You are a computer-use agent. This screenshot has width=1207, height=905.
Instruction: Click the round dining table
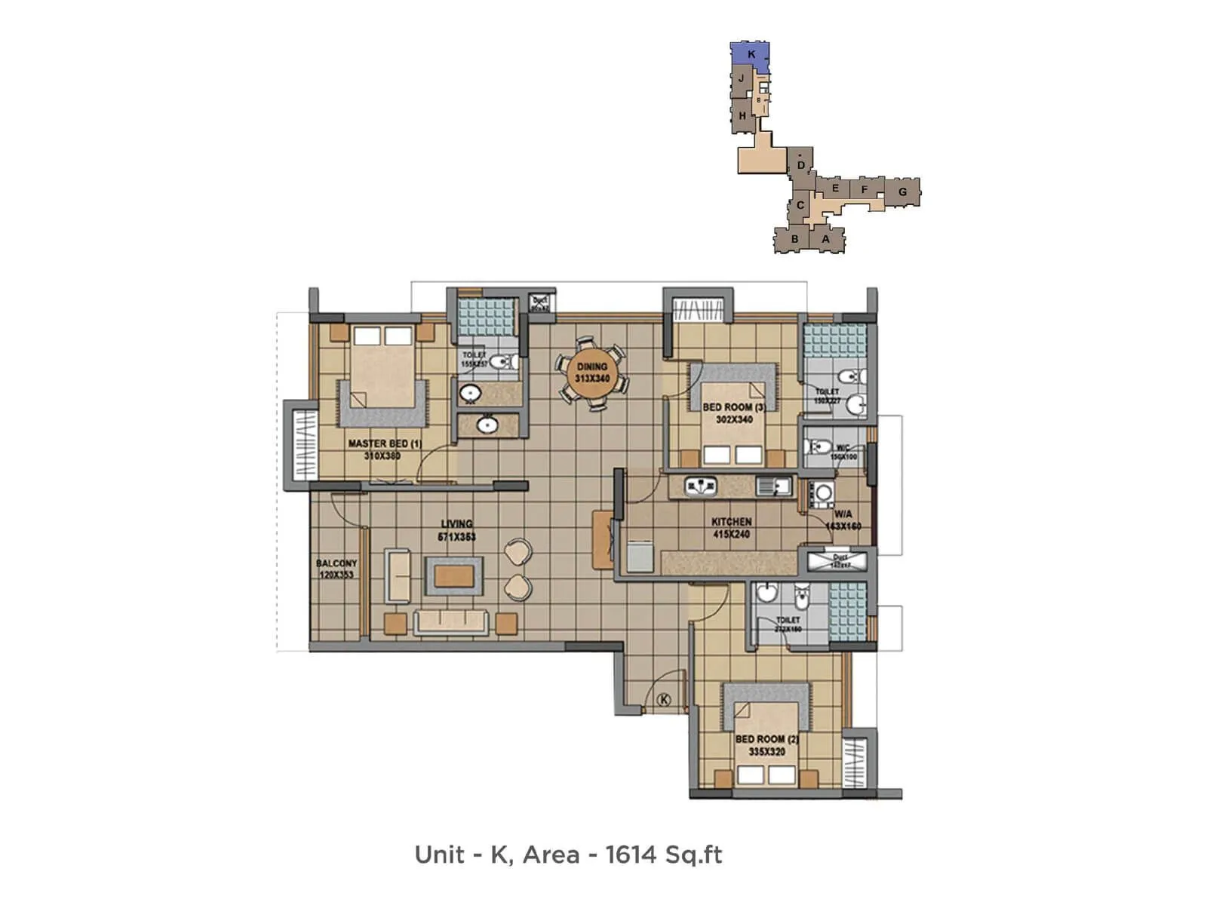(x=591, y=373)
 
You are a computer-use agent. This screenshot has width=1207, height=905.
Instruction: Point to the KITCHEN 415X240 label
(x=731, y=527)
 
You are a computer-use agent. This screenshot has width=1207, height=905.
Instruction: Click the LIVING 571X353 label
(x=456, y=530)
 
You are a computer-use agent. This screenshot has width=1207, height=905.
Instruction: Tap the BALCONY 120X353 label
(x=336, y=569)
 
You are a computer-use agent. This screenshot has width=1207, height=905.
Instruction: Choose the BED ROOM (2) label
(x=766, y=745)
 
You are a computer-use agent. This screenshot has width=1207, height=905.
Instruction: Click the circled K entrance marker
(x=664, y=700)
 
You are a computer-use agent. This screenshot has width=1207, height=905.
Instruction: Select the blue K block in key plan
(x=751, y=54)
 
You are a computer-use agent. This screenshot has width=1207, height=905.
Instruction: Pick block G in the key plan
(x=902, y=192)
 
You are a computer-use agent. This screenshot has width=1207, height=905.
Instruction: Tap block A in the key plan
(x=825, y=239)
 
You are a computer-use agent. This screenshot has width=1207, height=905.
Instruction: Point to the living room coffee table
(x=453, y=576)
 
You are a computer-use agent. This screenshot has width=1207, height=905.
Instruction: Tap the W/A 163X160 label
(x=843, y=520)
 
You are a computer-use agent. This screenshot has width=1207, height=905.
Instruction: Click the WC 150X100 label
(x=843, y=452)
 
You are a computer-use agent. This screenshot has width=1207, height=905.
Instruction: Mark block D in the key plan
(x=801, y=165)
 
